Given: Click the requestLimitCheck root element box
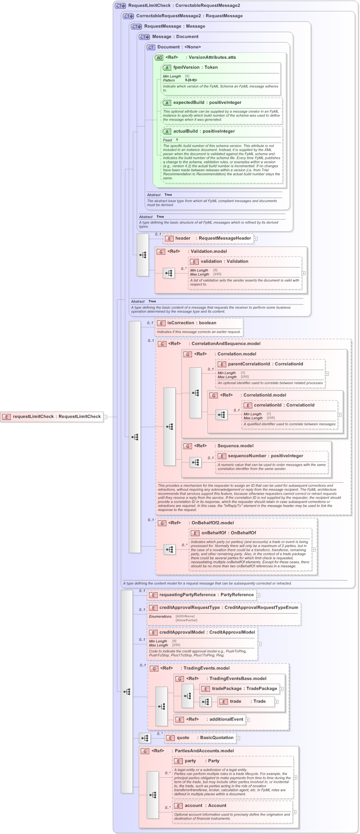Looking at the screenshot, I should (x=52, y=416).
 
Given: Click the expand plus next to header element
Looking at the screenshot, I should (x=255, y=239).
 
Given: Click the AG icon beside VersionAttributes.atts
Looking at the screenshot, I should (x=159, y=57).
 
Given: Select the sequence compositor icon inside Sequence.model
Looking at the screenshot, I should (x=195, y=462).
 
